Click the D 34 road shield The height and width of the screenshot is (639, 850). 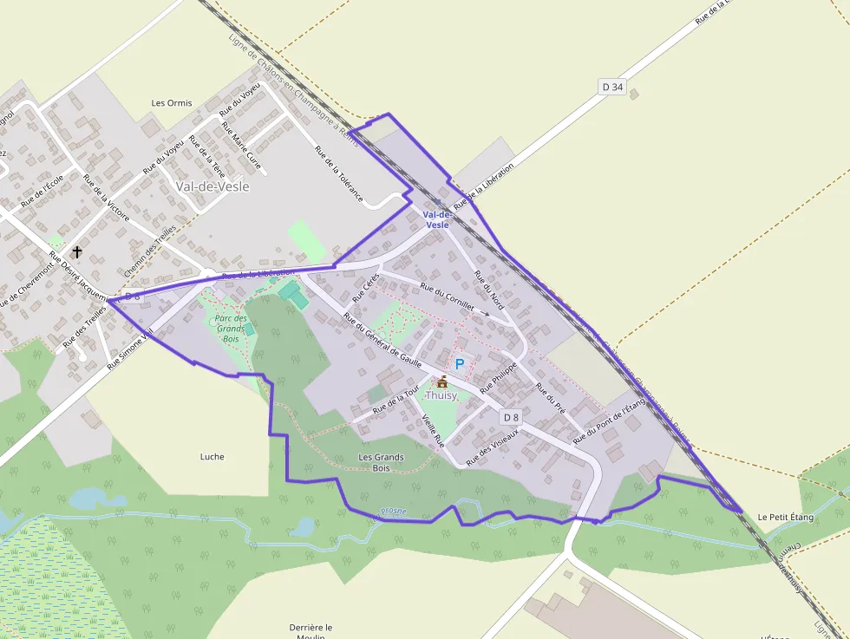pos(612,87)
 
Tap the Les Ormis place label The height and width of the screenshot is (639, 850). pos(172,102)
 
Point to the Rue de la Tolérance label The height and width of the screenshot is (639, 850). pos(338,173)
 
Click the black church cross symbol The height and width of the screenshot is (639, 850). pos(77,252)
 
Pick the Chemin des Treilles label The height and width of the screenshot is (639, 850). pos(150,251)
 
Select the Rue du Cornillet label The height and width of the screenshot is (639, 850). pos(448,297)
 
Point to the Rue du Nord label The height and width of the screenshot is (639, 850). pos(489,290)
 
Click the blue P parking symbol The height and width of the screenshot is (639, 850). pos(460,365)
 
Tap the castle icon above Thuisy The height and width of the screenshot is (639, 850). pos(442,381)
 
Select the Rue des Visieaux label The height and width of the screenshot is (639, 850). pos(493,447)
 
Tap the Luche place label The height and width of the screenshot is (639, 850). pos(212,456)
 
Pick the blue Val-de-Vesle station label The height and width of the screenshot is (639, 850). pos(436,219)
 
